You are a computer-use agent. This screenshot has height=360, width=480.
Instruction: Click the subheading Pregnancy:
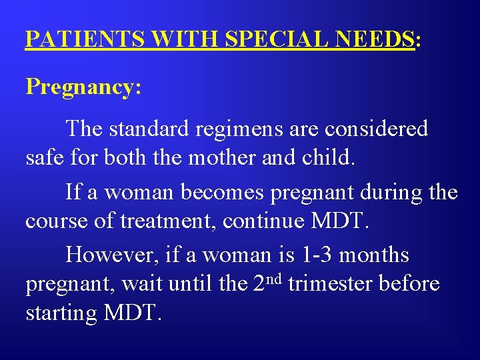83,87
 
